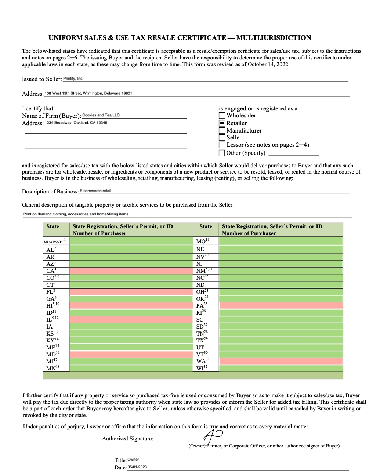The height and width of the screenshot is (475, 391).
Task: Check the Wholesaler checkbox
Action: pyautogui.click(x=222, y=116)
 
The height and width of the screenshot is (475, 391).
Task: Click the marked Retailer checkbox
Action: pyautogui.click(x=222, y=123)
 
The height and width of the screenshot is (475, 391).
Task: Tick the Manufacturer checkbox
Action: pyautogui.click(x=222, y=130)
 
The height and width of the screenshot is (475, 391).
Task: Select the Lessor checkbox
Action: pyautogui.click(x=222, y=145)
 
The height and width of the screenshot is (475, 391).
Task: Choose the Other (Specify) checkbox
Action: pyautogui.click(x=222, y=153)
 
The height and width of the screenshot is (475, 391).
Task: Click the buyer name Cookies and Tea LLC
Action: pyautogui.click(x=101, y=115)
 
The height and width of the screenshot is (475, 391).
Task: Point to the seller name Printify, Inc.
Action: pyautogui.click(x=73, y=79)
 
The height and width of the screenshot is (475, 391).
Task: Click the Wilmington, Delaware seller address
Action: pyautogui.click(x=88, y=93)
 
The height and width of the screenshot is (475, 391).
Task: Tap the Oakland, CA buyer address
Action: pyautogui.click(x=76, y=123)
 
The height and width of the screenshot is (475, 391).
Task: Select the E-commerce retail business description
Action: pyautogui.click(x=95, y=191)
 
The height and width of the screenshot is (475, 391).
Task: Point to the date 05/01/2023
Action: pyautogui.click(x=137, y=467)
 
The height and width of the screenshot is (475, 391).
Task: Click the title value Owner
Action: pyautogui.click(x=133, y=460)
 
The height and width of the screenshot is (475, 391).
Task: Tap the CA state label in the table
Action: pyautogui.click(x=51, y=271)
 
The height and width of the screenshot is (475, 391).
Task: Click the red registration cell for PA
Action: pyautogui.click(x=280, y=305)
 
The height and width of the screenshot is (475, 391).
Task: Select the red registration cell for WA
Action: pyautogui.click(x=280, y=361)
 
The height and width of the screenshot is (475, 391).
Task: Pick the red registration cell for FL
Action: pyautogui.click(x=131, y=291)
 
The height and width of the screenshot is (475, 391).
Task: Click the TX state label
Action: pyautogui.click(x=200, y=340)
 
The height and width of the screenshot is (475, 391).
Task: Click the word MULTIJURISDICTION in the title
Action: pyautogui.click(x=274, y=38)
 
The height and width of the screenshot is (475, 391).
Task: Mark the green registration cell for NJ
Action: pyautogui.click(x=280, y=264)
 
